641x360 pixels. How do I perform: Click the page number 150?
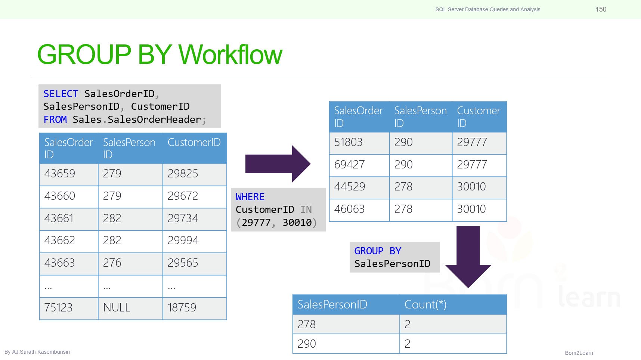pyautogui.click(x=601, y=9)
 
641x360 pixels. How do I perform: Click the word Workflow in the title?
pyautogui.click(x=230, y=55)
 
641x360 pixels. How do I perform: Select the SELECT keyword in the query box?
pyautogui.click(x=61, y=93)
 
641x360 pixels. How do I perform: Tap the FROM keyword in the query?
pyautogui.click(x=55, y=120)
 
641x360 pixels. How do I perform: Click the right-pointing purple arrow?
pyautogui.click(x=278, y=164)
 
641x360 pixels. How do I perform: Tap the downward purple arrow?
pyautogui.click(x=468, y=257)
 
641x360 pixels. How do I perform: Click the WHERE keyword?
pyautogui.click(x=250, y=197)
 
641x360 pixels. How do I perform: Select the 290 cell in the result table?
pyautogui.click(x=346, y=344)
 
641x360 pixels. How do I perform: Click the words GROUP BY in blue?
pyautogui.click(x=378, y=251)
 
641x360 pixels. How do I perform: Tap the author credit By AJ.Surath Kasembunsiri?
pyautogui.click(x=37, y=352)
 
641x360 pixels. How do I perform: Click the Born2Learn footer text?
pyautogui.click(x=579, y=353)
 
